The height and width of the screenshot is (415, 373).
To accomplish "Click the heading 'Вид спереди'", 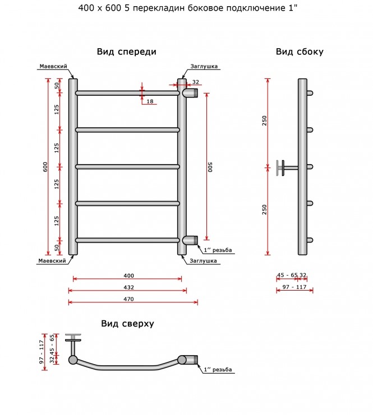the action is (126, 52).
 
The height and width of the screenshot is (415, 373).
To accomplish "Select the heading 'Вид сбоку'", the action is (300, 52).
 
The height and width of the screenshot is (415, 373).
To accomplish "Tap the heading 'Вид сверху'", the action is (127, 324).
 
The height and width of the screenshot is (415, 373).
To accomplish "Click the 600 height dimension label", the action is (45, 167).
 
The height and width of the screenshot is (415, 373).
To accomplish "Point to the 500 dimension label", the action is (210, 167).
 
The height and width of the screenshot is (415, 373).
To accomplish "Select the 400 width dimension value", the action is (128, 276).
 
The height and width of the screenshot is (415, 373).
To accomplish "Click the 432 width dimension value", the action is (128, 287).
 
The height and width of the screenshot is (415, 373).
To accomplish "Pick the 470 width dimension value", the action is (128, 299).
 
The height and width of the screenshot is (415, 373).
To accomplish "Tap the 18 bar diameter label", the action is (150, 101).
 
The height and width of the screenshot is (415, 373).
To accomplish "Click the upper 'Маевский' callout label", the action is (53, 67).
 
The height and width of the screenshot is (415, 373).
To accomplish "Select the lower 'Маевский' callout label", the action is (52, 261).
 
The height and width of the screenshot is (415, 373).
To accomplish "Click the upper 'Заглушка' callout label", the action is (204, 67).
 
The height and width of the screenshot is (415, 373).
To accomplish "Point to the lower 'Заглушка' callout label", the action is (203, 261).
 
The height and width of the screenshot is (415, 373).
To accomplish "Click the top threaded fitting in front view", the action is (190, 93).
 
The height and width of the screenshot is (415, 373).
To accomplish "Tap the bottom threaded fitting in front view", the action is (190, 240).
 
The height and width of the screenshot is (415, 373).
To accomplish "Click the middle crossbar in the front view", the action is (127, 167).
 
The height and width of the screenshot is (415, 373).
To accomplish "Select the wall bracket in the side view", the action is (287, 168).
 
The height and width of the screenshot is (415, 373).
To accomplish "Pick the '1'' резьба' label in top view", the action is (218, 370).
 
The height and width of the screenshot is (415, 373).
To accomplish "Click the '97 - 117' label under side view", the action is (294, 287).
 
